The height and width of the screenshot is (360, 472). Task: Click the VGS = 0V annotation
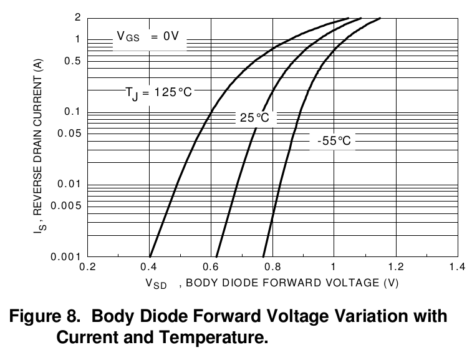pos(148,37)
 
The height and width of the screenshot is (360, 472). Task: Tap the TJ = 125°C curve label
pos(158,92)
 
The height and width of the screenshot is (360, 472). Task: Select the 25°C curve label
pos(254,118)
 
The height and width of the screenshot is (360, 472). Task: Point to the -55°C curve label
pos(334,141)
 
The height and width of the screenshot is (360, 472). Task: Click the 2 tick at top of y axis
pos(78,17)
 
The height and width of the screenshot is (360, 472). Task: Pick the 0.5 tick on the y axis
pos(74,61)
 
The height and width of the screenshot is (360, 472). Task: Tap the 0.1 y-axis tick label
pos(74,112)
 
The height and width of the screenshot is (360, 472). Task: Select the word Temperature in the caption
pos(214,338)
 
